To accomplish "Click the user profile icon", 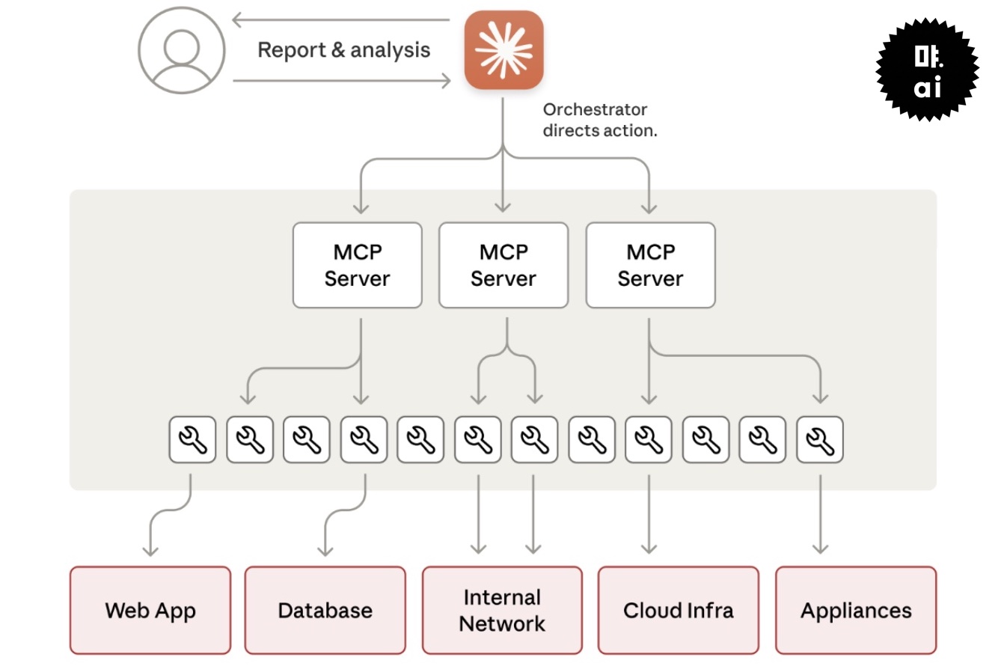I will point(181,50).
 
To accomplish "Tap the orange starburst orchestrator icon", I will point(503,50).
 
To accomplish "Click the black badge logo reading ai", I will point(927,70).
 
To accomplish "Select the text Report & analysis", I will point(343,50).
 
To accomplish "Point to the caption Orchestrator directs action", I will point(599,120).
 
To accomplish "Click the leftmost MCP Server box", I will point(357,265).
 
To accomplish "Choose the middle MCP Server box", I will point(503,265).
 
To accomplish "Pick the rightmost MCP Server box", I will point(650,265).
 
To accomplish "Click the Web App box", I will point(150,610).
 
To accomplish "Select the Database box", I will point(325,610).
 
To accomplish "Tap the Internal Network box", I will point(502,610).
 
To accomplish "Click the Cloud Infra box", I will point(678,610).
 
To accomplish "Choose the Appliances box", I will point(855,610).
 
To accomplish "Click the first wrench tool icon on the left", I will point(192,439).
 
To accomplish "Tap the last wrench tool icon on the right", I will point(820,439).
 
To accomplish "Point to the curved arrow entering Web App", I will point(161,516).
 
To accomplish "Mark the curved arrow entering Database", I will point(337,516).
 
